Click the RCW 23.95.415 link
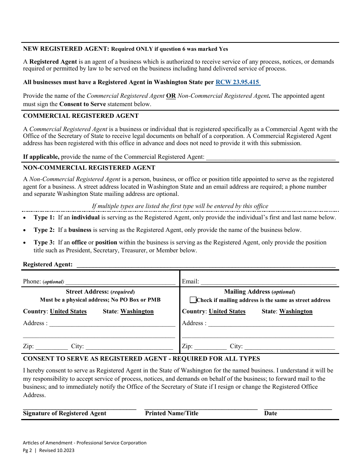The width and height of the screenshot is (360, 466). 238,82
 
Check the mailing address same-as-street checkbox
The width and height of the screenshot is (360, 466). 193,300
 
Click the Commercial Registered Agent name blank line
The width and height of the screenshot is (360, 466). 271,157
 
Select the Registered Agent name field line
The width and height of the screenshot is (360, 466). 206,264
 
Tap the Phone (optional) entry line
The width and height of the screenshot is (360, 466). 121,281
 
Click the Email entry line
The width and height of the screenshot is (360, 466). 268,281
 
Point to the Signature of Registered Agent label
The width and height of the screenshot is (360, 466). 65,413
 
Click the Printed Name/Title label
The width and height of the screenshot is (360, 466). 172,413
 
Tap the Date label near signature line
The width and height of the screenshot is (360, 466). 271,413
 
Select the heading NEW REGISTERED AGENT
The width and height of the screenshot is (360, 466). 66,49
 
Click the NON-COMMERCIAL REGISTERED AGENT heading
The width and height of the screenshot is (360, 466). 89,168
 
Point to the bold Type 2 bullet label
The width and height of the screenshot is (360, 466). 44,230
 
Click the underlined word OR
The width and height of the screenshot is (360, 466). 171,96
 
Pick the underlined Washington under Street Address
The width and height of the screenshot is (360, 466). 137,311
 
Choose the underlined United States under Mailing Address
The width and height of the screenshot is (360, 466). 227,311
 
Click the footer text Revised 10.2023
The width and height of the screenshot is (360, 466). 56,450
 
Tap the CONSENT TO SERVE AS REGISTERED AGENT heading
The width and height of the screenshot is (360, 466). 141,359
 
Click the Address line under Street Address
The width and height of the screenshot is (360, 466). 112,323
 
